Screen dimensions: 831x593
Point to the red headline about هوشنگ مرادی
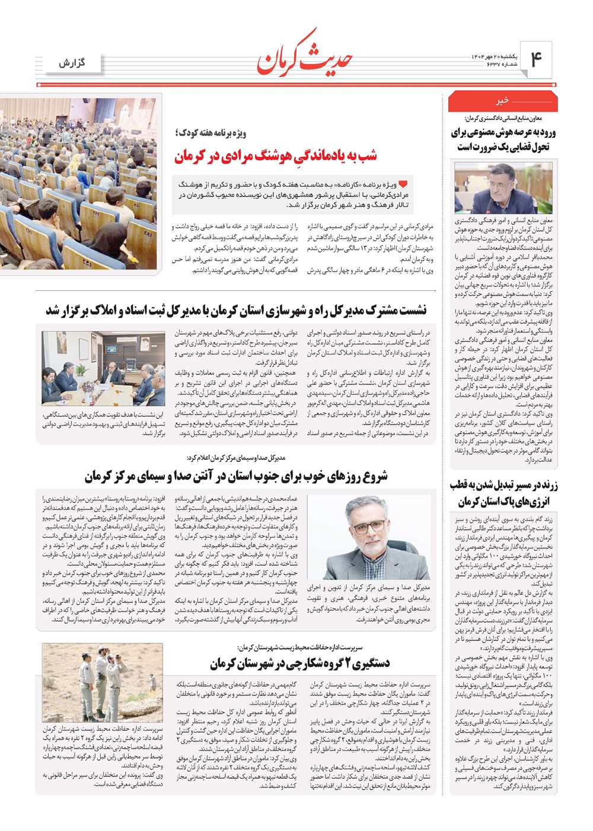[275, 156]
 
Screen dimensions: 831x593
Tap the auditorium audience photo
[79, 185]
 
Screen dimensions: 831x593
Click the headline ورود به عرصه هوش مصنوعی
[503, 139]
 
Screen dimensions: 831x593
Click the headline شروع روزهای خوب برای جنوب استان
[236, 475]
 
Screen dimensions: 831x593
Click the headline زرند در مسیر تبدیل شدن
[503, 493]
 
